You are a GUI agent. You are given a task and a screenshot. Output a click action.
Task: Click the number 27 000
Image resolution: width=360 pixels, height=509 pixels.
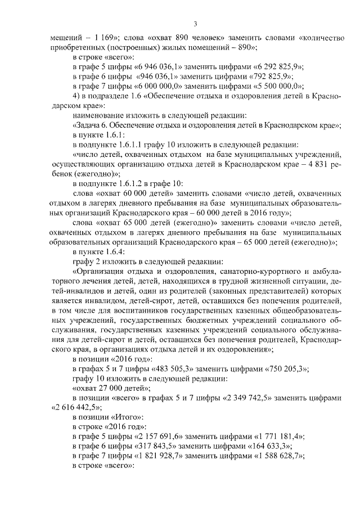pos(113,388)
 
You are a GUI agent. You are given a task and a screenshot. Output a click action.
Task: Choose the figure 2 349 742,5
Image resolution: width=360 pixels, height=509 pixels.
pos(235,398)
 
